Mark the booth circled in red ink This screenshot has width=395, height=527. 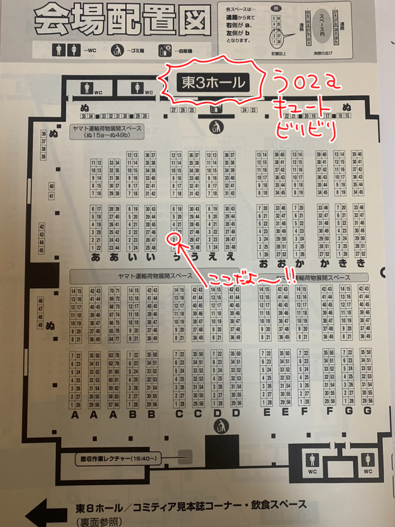click(x=174, y=239)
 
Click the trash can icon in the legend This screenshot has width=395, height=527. click(x=116, y=50)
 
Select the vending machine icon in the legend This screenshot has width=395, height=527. click(x=165, y=50)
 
